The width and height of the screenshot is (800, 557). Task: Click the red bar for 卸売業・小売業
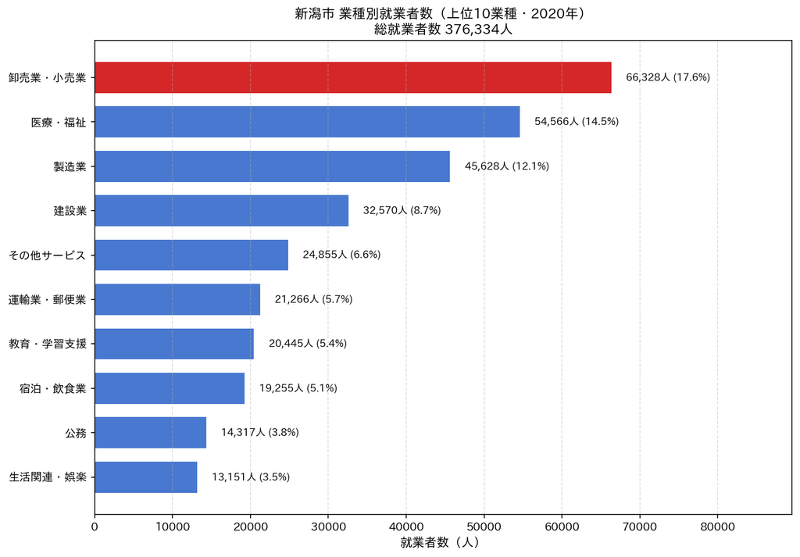[353, 77]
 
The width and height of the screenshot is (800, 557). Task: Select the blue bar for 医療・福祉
[307, 122]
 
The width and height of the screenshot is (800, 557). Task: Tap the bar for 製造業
[273, 166]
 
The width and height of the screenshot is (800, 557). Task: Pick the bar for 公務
[151, 433]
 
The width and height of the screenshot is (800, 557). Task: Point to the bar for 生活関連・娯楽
[146, 477]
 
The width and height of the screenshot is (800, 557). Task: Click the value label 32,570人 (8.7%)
[402, 210]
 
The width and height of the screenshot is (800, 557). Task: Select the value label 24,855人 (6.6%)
[342, 255]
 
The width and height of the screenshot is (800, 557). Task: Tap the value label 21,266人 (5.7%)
[314, 299]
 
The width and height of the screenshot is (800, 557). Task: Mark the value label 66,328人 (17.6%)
[668, 77]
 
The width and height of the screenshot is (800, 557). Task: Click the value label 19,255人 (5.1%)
[298, 388]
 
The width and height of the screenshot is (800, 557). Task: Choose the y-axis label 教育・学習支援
[48, 344]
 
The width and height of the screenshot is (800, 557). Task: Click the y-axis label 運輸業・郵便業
[48, 299]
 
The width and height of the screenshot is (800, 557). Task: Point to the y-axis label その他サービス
[47, 255]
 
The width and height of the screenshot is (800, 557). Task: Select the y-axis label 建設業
[70, 211]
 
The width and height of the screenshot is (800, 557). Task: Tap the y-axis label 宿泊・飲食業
[53, 388]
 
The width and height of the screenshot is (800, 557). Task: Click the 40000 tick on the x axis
[406, 527]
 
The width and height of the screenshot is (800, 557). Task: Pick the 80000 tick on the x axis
[717, 527]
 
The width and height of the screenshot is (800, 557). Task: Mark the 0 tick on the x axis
[95, 527]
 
